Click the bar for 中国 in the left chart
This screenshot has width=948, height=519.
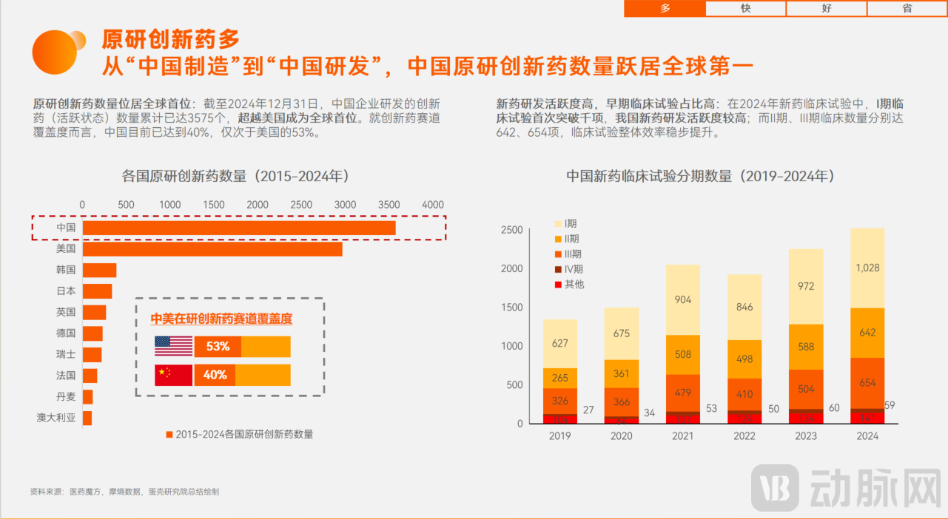tap(238, 228)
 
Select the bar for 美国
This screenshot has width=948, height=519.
tap(212, 249)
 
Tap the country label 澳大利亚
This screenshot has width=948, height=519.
tap(56, 418)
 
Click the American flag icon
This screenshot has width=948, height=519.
tap(173, 347)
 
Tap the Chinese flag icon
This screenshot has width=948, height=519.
tap(173, 375)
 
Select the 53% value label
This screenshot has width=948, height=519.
tap(218, 347)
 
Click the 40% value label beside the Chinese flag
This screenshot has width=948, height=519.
tap(215, 375)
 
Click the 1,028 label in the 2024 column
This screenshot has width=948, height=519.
tap(867, 268)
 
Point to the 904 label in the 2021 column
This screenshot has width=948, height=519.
tap(683, 299)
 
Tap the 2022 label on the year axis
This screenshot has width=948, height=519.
tap(744, 436)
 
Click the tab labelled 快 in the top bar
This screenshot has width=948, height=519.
tap(745, 8)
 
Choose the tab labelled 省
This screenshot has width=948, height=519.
tap(907, 8)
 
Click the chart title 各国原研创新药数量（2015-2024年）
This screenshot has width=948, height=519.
tap(235, 177)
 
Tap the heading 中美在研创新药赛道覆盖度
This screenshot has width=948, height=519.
tap(221, 319)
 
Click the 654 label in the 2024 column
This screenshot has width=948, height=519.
tap(867, 383)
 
